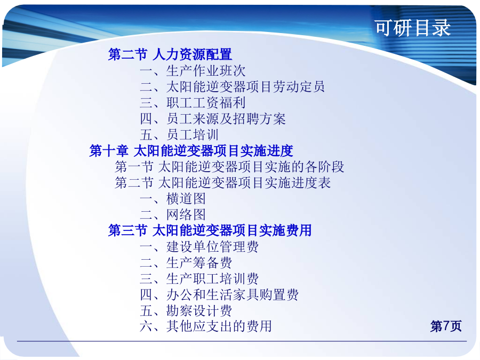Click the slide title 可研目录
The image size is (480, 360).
click(413, 28)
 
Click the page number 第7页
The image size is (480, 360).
click(446, 326)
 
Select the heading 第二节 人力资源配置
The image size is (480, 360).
click(170, 54)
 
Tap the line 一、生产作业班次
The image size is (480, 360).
click(193, 71)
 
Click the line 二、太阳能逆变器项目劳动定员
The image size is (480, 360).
click(232, 86)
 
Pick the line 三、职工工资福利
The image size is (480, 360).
click(193, 102)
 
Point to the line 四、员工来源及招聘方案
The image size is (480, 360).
click(213, 119)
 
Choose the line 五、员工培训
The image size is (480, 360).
click(179, 135)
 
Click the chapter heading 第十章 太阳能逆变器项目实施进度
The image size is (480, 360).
click(191, 150)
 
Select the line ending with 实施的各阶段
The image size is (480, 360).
click(229, 167)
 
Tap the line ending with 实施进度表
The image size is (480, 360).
click(222, 183)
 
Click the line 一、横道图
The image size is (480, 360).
click(173, 199)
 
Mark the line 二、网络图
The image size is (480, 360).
click(173, 214)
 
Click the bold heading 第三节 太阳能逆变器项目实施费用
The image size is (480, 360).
click(210, 230)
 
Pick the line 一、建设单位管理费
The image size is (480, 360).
click(199, 247)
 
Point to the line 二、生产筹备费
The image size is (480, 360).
click(186, 262)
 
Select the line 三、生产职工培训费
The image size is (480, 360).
click(199, 278)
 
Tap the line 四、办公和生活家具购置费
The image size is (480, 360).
click(219, 294)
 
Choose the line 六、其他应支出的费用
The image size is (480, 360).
click(206, 326)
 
